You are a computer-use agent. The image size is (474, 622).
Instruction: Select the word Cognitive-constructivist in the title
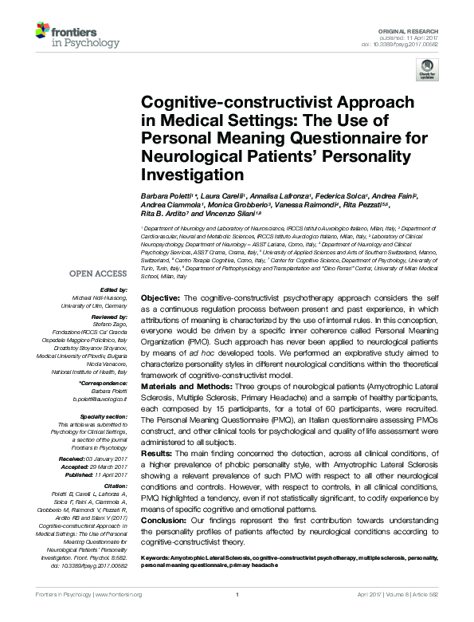click(203, 103)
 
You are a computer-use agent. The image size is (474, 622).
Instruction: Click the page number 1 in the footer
click(237, 616)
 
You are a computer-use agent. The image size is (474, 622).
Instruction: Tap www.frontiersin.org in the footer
click(118, 616)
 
